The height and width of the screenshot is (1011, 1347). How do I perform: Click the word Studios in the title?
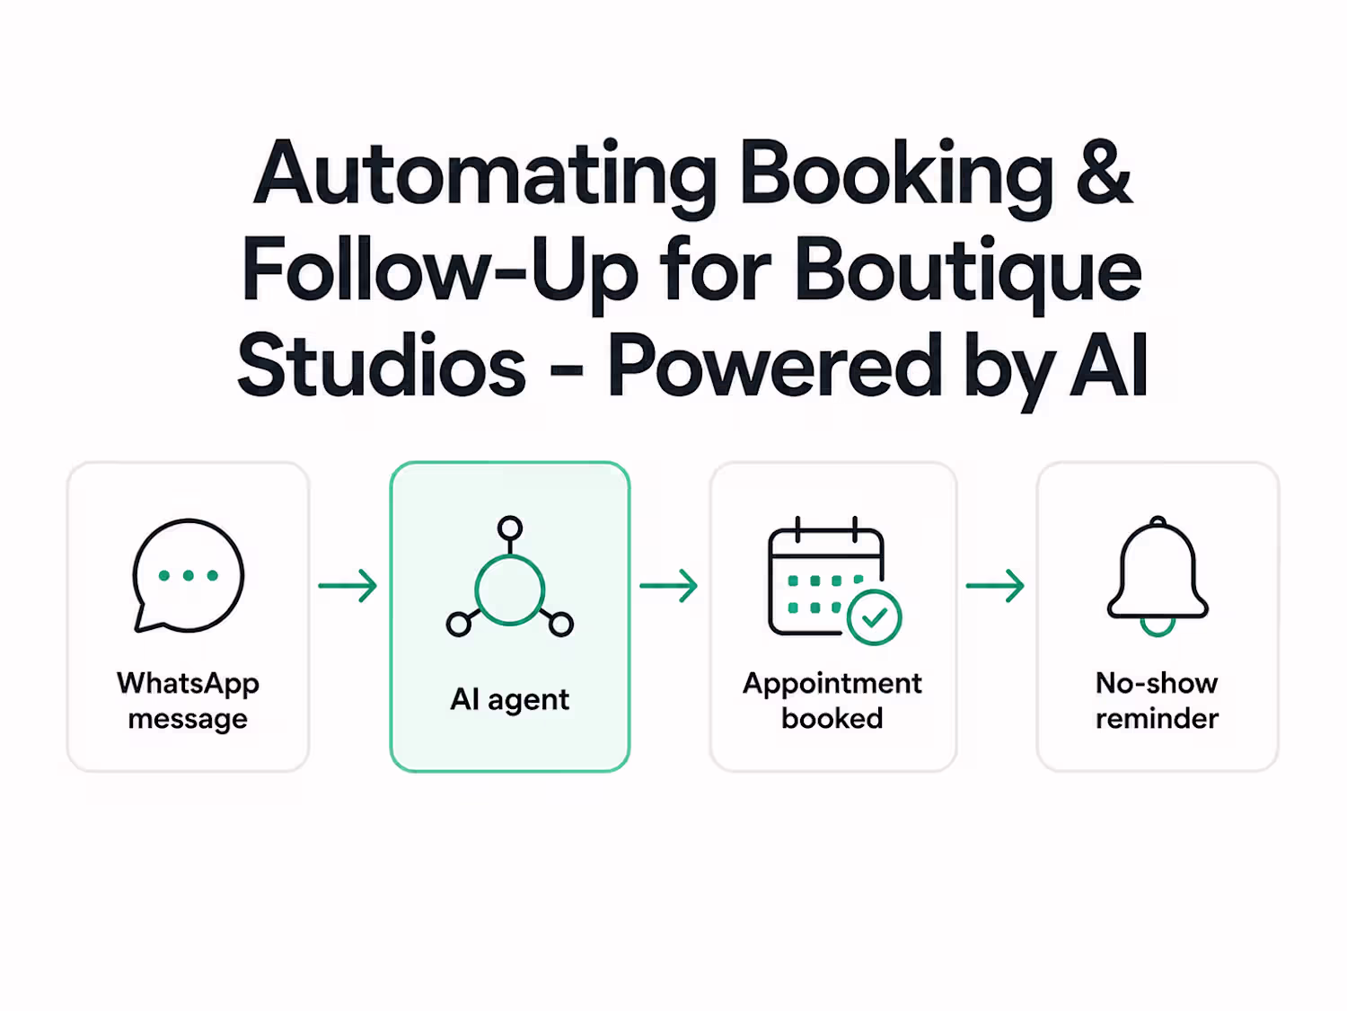[x=382, y=365]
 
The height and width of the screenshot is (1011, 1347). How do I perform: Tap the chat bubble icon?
[x=189, y=576]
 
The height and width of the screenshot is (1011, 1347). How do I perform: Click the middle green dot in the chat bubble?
[x=189, y=575]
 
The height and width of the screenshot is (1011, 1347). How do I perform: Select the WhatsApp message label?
[x=189, y=700]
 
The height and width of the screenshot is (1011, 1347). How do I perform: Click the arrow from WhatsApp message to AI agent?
[x=348, y=586]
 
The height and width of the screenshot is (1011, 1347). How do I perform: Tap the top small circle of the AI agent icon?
[x=510, y=528]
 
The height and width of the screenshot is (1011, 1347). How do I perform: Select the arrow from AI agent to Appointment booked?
[x=669, y=586]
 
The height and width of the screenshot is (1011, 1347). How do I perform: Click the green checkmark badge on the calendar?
[x=875, y=616]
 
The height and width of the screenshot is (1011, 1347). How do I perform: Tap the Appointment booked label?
[x=832, y=700]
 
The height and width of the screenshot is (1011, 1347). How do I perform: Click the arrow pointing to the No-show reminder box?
[x=995, y=586]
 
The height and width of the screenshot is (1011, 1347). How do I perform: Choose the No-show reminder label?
[x=1158, y=700]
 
